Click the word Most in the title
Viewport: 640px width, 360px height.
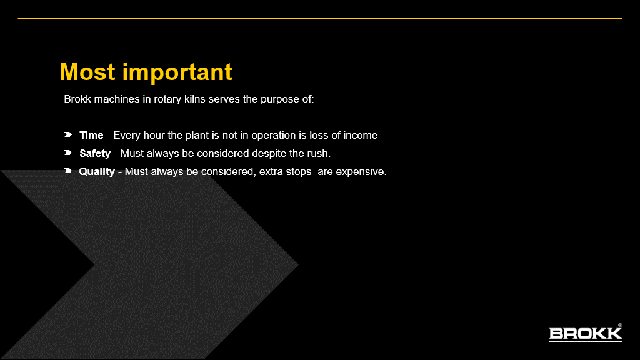[87, 72]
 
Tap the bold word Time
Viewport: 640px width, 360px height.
[91, 135]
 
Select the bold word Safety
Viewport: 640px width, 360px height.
[95, 154]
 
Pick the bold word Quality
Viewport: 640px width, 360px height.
[97, 171]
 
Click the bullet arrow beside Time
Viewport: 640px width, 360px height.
[68, 134]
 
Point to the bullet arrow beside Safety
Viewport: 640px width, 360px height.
[68, 152]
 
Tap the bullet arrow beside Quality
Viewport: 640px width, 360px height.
[68, 171]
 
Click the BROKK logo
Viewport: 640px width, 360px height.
[585, 333]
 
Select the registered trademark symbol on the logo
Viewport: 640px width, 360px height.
[620, 325]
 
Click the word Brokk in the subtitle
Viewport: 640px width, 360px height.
[77, 99]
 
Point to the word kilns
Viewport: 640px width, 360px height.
[195, 99]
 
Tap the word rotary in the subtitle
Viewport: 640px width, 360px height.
[167, 99]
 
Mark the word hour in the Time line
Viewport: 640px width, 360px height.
[154, 135]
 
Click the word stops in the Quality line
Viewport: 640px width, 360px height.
[298, 172]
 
